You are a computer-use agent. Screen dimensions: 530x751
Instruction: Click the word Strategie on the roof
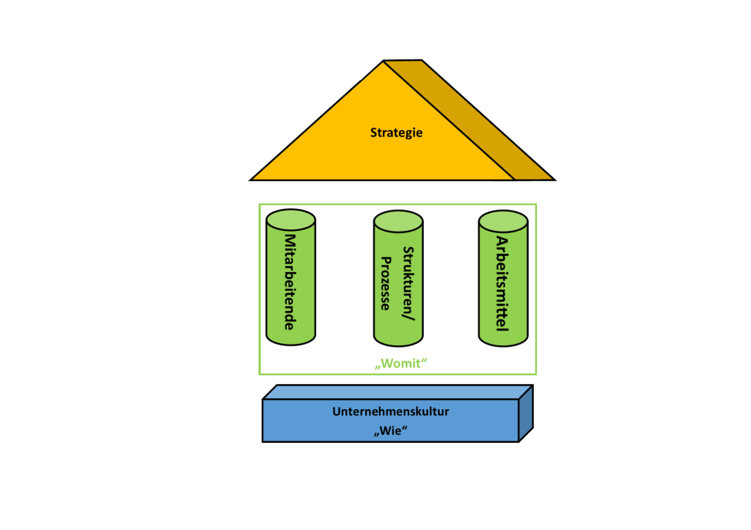[397, 133]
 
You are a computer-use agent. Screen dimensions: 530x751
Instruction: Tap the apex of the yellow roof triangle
[383, 62]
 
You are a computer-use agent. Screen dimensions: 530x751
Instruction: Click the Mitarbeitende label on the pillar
[290, 282]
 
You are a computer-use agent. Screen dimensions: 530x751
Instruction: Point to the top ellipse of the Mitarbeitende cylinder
[290, 218]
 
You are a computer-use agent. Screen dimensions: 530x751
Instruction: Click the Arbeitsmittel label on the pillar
[502, 282]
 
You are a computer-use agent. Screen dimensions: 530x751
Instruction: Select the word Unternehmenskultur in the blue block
[390, 412]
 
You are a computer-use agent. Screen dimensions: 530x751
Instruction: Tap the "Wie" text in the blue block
[390, 430]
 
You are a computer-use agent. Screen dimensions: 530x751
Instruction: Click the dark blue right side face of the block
[525, 415]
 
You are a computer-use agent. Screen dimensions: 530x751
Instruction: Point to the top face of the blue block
[396, 392]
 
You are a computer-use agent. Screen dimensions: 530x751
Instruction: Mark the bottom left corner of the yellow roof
[252, 180]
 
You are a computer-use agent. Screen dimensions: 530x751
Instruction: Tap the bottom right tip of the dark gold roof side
[554, 180]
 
